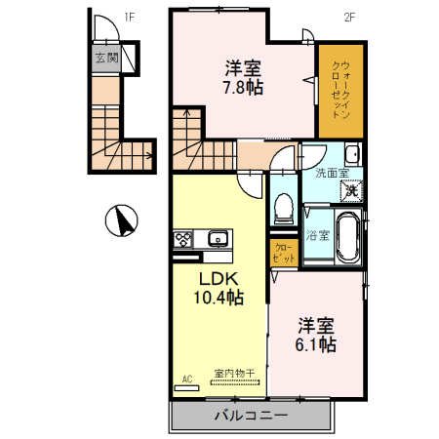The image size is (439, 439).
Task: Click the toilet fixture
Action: [x=284, y=207]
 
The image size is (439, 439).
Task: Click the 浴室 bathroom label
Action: [x=316, y=235]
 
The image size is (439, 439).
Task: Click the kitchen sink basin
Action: [x=218, y=238]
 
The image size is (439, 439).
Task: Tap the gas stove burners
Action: [x=184, y=238]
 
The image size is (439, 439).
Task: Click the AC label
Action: [x=185, y=376]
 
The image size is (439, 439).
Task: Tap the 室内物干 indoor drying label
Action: [x=234, y=373]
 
